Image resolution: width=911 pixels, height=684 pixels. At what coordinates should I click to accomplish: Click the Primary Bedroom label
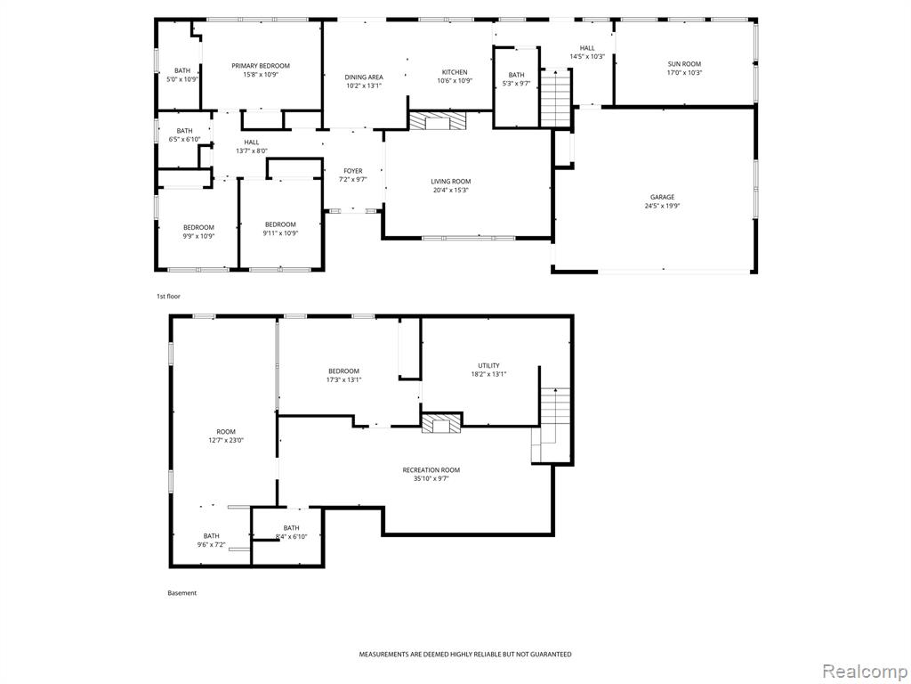[x=261, y=66]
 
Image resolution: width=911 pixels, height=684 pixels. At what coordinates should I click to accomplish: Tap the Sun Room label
[x=684, y=64]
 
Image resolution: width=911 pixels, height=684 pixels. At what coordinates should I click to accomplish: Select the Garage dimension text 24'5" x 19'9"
[x=662, y=206]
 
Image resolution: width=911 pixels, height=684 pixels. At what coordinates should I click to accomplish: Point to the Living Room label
[x=451, y=181]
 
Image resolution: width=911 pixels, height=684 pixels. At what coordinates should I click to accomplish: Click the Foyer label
[x=352, y=171]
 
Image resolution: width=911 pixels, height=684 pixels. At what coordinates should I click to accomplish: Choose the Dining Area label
[x=364, y=77]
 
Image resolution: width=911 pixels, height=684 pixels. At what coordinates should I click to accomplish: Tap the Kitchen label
[x=455, y=72]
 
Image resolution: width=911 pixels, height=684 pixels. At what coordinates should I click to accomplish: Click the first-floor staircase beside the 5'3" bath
[x=556, y=98]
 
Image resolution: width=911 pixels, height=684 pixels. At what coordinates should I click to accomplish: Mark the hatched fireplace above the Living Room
[x=438, y=121]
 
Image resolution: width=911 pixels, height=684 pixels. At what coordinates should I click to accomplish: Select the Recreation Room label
[x=431, y=470]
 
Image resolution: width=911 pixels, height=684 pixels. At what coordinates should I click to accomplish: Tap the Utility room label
[x=488, y=365]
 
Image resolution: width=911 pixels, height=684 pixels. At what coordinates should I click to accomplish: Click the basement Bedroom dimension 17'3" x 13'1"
[x=343, y=379]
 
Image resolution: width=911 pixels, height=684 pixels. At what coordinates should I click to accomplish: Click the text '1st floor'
[x=168, y=297]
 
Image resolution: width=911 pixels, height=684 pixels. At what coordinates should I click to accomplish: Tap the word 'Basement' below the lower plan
[x=181, y=593]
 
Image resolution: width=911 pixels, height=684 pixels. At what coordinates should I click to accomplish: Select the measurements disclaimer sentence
[x=464, y=655]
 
